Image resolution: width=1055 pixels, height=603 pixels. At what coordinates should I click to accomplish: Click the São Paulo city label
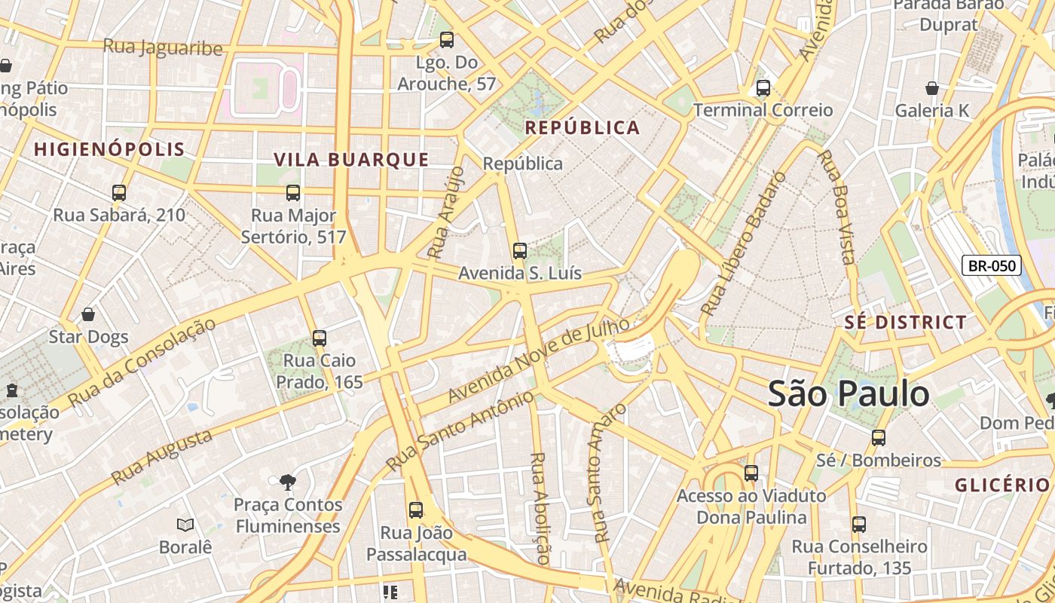849,394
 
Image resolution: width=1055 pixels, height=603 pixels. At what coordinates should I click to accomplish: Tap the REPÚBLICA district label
583,127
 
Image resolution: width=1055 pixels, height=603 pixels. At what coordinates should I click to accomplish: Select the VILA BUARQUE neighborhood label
351,160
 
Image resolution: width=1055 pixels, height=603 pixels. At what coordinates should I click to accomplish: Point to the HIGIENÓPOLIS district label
109,149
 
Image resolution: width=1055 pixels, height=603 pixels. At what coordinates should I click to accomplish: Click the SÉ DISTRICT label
905,323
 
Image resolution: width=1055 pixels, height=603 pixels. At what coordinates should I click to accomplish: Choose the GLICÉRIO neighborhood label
1002,485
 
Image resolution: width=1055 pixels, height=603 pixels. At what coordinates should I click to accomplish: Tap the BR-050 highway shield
992,265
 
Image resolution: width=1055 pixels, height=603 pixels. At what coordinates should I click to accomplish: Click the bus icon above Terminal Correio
763,88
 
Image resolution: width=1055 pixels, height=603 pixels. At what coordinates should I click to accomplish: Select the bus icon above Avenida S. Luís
519,251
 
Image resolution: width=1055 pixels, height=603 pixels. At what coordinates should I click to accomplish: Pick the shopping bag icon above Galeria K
932,89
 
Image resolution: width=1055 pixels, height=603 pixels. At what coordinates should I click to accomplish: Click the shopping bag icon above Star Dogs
88,314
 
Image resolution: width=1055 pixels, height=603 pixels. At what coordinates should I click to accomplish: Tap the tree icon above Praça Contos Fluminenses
287,482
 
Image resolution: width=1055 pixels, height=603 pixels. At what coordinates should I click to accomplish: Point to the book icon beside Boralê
185,525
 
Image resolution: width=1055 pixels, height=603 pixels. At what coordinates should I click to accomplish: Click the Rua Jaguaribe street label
163,47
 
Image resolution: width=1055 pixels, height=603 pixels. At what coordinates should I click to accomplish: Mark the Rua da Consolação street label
141,363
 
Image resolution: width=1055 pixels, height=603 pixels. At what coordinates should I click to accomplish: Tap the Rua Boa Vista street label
836,207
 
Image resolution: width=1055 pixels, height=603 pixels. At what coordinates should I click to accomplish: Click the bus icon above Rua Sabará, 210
119,193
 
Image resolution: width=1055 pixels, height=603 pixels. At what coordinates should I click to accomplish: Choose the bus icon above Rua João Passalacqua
416,510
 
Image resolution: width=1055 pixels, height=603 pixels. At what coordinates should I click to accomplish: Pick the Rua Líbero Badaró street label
743,243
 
